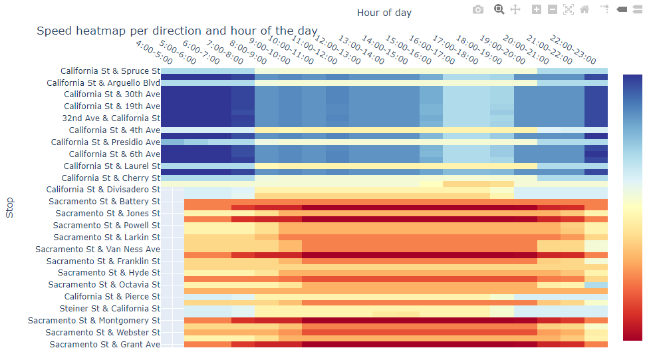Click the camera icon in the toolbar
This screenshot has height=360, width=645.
pos(478,9)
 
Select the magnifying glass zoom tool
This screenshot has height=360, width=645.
pos(499,9)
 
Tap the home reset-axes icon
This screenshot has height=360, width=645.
pos(584,9)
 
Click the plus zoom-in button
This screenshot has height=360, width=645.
pos(536,9)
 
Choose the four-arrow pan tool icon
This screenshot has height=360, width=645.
pos(515,9)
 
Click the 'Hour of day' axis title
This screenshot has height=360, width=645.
pos(384,13)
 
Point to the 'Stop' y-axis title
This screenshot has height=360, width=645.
pos(9,207)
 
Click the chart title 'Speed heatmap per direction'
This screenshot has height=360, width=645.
pos(177,31)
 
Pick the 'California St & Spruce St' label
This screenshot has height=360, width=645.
pos(110,71)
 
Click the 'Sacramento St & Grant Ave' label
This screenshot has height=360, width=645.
pos(104,344)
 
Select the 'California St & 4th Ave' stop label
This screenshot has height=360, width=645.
pos(114,130)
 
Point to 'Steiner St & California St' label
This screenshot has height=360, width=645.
pos(110,309)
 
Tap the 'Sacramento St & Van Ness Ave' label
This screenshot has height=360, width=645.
pos(98,250)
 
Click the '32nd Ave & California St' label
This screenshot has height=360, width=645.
pos(111,118)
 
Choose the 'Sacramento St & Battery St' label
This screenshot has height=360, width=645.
pos(104,202)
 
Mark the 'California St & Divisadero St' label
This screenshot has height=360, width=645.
pos(103,190)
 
